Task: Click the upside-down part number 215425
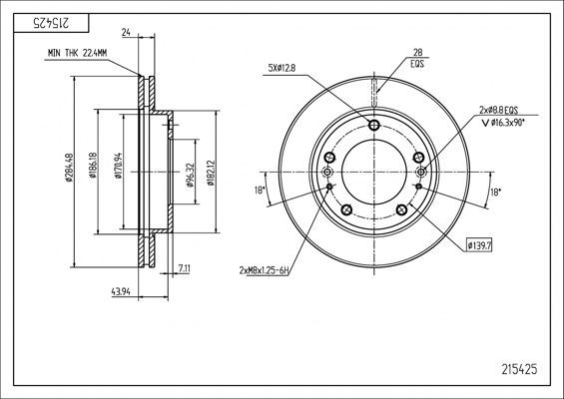click(x=51, y=23)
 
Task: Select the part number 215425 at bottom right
click(x=519, y=369)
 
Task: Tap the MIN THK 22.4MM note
click(x=77, y=53)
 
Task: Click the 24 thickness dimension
click(x=126, y=33)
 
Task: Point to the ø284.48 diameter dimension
click(x=70, y=168)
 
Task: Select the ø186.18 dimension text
click(x=93, y=165)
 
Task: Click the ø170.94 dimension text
click(x=118, y=166)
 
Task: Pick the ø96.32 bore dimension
click(x=190, y=175)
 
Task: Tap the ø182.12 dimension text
click(x=211, y=173)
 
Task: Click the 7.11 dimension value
click(x=184, y=268)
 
